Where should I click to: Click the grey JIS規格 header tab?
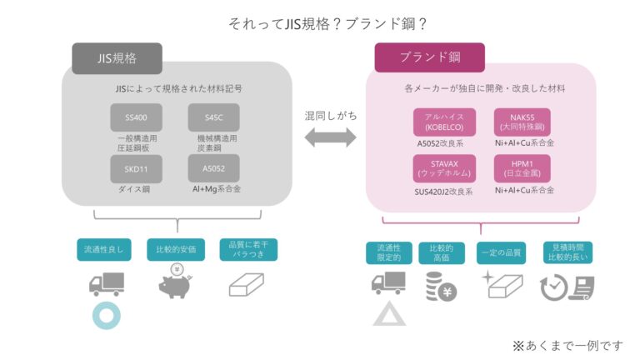tap(117, 59)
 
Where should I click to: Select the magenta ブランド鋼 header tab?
tap(429, 58)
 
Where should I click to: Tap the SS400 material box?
tap(136, 117)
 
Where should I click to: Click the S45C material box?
tap(214, 117)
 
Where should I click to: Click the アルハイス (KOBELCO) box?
tap(444, 122)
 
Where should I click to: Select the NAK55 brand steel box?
tap(522, 122)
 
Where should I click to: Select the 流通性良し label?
tap(103, 249)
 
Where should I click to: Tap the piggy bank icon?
tap(178, 283)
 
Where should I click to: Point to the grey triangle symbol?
tap(388, 315)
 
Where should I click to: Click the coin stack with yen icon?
tap(440, 287)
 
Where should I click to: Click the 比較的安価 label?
tap(177, 249)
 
